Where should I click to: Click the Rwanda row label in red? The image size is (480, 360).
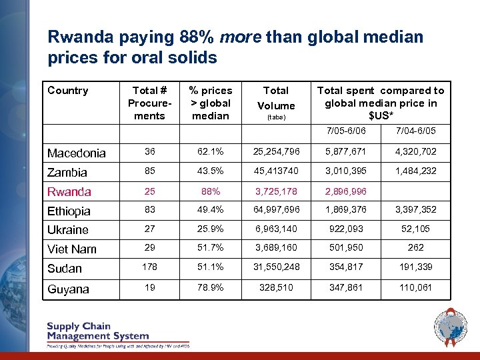pyautogui.click(x=69, y=192)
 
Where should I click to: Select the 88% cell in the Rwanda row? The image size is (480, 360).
pyautogui.click(x=210, y=191)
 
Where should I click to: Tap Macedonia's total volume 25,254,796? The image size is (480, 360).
pyautogui.click(x=275, y=153)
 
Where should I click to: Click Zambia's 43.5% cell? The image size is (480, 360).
pyautogui.click(x=210, y=172)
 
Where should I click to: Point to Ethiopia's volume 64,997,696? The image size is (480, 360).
pyautogui.click(x=275, y=211)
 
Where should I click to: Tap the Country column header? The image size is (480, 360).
pyautogui.click(x=68, y=91)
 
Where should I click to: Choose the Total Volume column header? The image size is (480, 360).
pyautogui.click(x=275, y=98)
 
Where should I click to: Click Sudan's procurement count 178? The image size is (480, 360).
pyautogui.click(x=149, y=268)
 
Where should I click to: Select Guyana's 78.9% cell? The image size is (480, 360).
pyautogui.click(x=210, y=289)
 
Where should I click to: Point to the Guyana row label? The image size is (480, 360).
pyautogui.click(x=68, y=289)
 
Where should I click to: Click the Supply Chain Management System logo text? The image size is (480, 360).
pyautogui.click(x=97, y=331)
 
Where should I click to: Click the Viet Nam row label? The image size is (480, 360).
pyautogui.click(x=72, y=249)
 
